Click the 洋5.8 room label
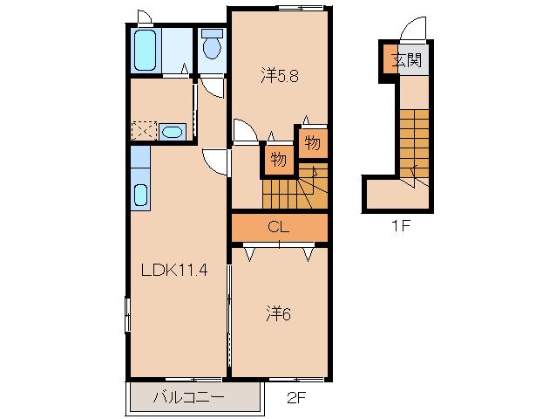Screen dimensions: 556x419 (x=280, y=76)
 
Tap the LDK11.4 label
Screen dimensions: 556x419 (x=174, y=271)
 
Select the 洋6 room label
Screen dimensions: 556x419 (x=279, y=313)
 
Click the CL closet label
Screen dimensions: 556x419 (x=278, y=227)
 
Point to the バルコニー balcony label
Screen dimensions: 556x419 (x=188, y=396)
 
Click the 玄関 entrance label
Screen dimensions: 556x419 (x=407, y=60)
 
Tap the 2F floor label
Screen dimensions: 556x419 (x=296, y=398)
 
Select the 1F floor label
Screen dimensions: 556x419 (x=401, y=226)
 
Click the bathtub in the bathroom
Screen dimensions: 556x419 (x=146, y=50)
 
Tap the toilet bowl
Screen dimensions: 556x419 (x=212, y=45)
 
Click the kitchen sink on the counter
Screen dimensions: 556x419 (x=141, y=195)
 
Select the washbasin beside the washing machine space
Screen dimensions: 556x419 (x=173, y=132)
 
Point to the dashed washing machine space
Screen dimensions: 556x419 (x=144, y=131)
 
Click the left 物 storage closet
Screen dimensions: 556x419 (x=278, y=160)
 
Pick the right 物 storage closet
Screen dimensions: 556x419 (x=312, y=142)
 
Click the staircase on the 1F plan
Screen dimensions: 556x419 (x=415, y=148)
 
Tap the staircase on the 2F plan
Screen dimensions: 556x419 (x=295, y=186)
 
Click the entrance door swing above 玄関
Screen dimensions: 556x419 (x=413, y=29)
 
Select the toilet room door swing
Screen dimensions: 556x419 (x=213, y=87)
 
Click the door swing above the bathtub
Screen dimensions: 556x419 (x=145, y=17)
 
